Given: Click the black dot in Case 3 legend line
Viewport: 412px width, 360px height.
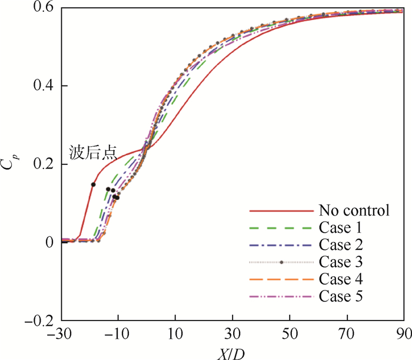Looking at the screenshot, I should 281,262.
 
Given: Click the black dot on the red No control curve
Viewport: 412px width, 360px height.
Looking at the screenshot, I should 93,184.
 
